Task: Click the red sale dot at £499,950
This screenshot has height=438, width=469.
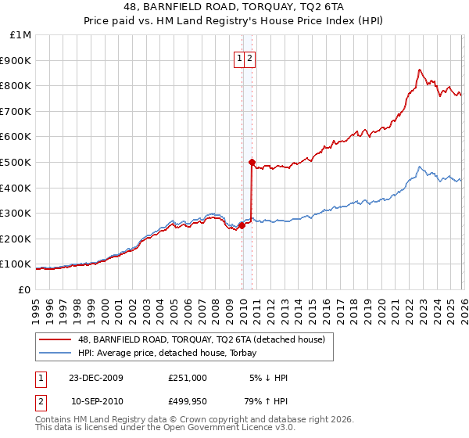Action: pos(252,163)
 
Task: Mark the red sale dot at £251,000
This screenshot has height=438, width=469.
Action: pos(242,225)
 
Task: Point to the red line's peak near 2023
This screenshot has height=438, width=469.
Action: pos(420,70)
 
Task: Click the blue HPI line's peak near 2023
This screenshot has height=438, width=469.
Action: pos(420,167)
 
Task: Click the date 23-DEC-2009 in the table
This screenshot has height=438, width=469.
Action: pos(96,378)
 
